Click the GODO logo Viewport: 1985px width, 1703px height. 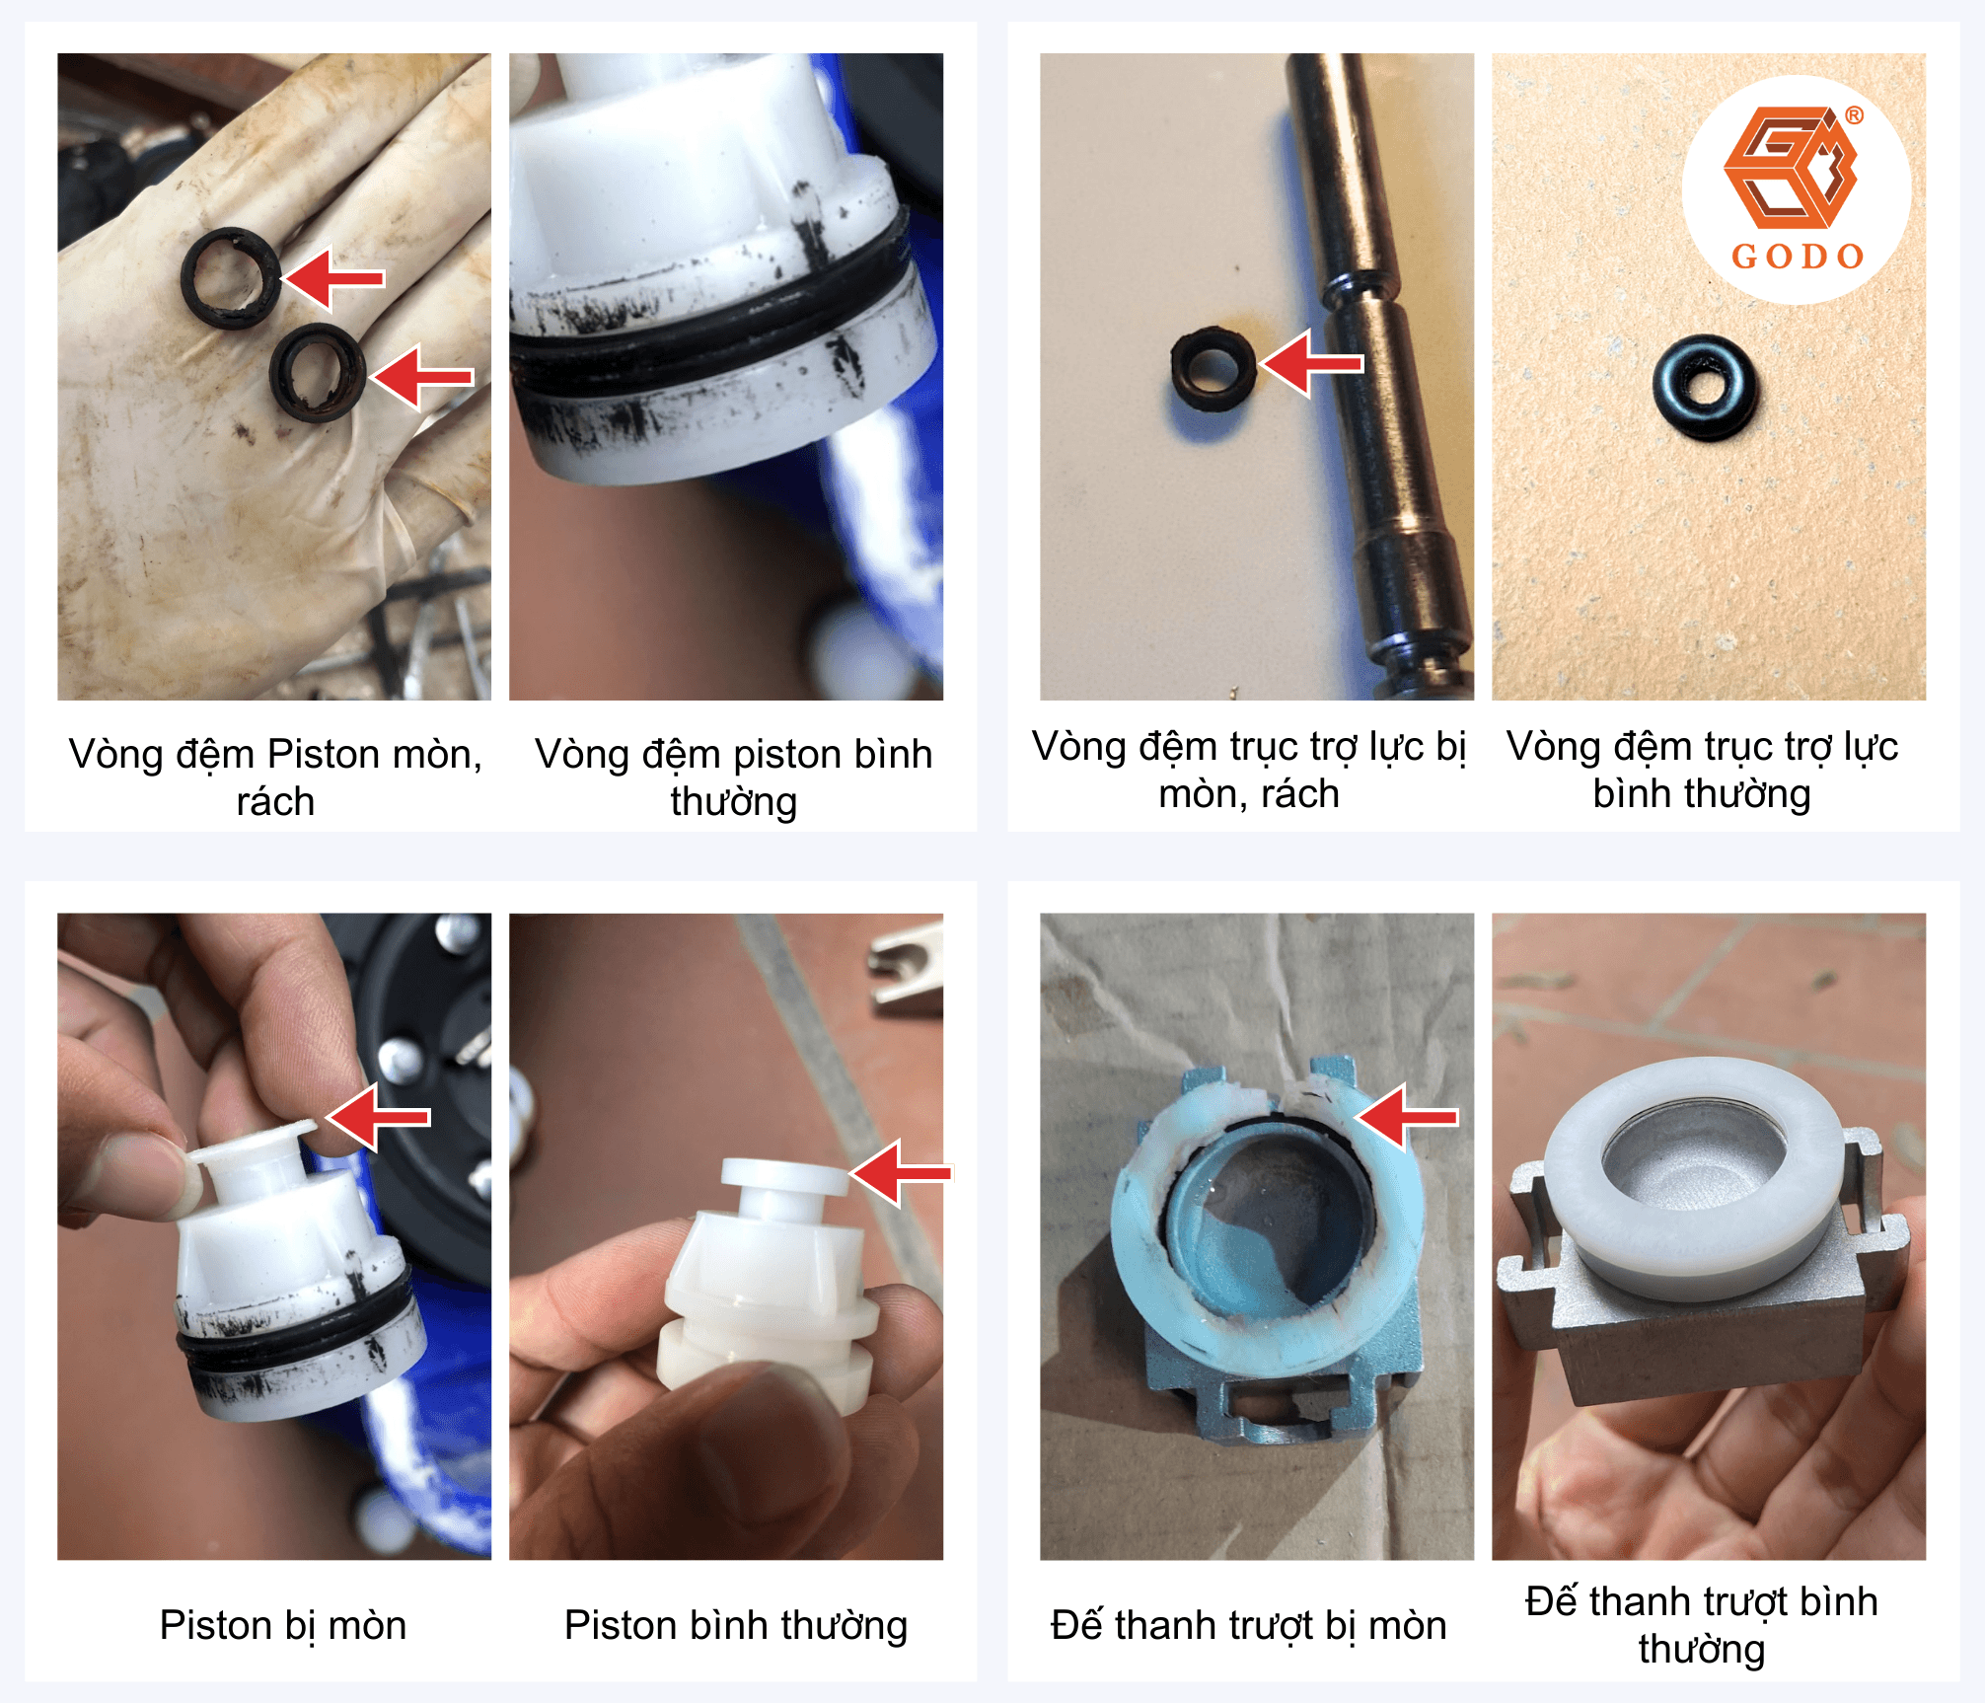1796,188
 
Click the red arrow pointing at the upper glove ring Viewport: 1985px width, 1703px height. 333,279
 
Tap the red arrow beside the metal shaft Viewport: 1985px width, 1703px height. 1311,363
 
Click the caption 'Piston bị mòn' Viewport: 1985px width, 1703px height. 283,1625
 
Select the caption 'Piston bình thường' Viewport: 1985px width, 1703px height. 735,1626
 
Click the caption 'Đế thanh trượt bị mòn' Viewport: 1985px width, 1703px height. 1248,1625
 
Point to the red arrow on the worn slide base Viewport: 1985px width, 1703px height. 1406,1117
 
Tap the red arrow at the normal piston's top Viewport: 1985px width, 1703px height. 901,1173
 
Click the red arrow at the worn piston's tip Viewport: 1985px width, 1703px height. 379,1118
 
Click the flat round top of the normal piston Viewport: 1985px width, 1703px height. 784,1175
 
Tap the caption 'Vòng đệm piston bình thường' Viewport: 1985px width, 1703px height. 734,777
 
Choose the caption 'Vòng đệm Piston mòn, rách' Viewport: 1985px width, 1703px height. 275,777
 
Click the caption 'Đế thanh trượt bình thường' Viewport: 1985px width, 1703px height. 1702,1625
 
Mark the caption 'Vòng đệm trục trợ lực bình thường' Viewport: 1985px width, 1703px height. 1702,771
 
